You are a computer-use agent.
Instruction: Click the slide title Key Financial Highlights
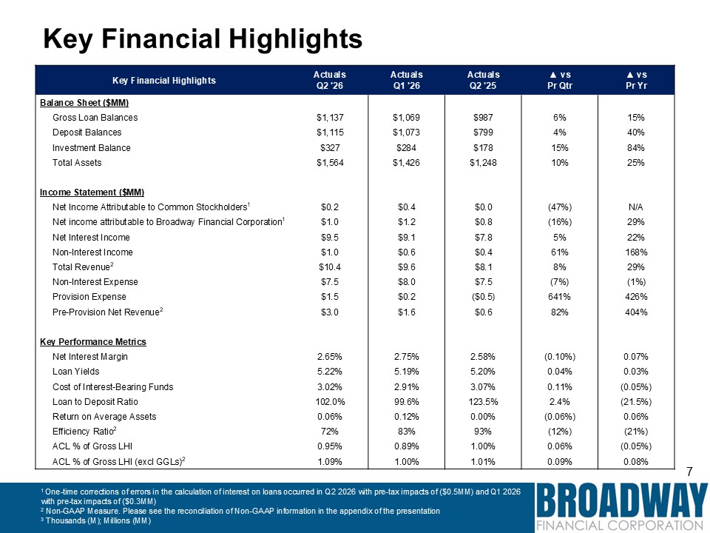tap(203, 38)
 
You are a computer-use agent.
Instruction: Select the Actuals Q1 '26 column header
tap(406, 80)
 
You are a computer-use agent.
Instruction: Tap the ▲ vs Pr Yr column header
tap(636, 80)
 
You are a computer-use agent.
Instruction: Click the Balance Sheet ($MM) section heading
tap(84, 103)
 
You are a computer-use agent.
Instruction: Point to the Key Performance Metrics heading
tap(93, 342)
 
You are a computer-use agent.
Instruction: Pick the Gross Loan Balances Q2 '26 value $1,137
tap(330, 118)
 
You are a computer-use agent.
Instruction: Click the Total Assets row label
tap(77, 163)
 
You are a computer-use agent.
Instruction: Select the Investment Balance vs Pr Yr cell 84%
tap(636, 148)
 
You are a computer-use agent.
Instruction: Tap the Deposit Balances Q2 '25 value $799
tap(483, 133)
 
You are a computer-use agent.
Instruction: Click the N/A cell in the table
tap(636, 207)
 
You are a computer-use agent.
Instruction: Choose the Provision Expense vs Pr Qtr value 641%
tap(560, 297)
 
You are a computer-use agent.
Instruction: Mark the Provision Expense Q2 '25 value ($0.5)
tap(483, 297)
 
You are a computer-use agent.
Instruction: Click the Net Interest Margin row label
tap(90, 357)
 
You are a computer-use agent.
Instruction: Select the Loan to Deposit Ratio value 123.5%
tap(483, 401)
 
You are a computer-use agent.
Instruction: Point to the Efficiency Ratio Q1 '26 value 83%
tap(406, 431)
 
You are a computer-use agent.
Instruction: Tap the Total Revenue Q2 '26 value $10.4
tap(330, 267)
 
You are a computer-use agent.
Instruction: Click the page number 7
tap(689, 472)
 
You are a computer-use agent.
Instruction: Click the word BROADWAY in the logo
tap(622, 500)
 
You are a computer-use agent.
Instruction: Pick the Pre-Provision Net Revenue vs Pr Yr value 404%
tap(636, 312)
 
